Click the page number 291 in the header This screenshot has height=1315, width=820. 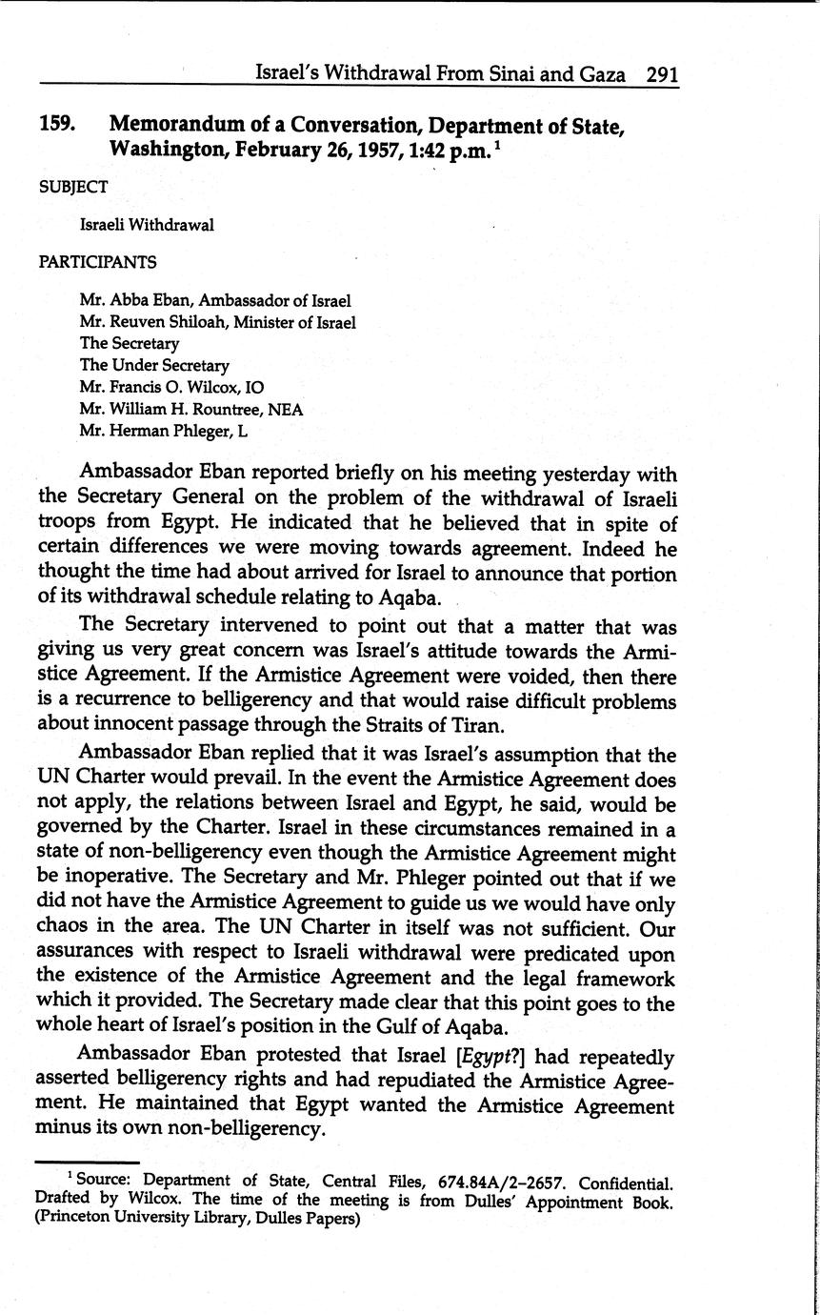(x=662, y=74)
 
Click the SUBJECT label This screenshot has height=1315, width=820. (x=73, y=187)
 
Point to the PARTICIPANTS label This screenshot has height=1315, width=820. (x=97, y=261)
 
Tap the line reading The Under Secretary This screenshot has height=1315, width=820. (x=154, y=365)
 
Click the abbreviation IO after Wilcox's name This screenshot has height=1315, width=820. (x=254, y=387)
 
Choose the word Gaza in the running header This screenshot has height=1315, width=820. (x=600, y=74)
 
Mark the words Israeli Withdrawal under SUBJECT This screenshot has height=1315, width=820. (x=148, y=225)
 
